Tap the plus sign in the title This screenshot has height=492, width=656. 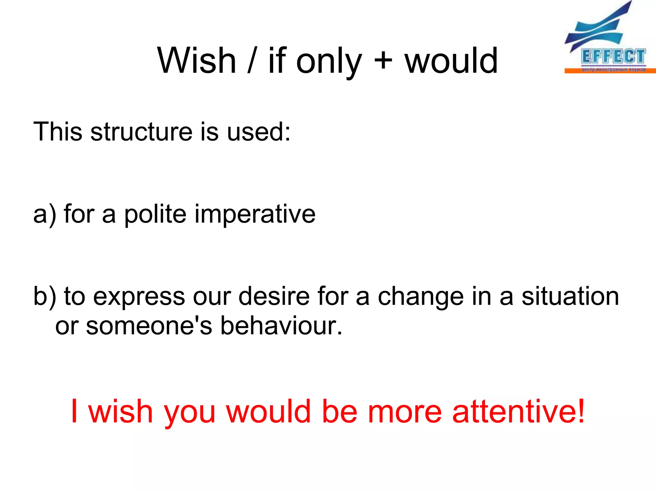tap(383, 61)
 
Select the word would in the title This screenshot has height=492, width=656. tap(451, 61)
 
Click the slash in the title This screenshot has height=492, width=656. tap(252, 61)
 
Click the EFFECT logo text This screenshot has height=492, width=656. tap(613, 57)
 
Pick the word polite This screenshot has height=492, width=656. tap(155, 214)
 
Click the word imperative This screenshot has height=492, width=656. tap(255, 214)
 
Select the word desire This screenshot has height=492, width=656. tap(274, 296)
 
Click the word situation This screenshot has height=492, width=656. tap(570, 296)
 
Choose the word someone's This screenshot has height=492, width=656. tap(149, 326)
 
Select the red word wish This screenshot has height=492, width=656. tap(120, 411)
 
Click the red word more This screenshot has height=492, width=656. tap(405, 412)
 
